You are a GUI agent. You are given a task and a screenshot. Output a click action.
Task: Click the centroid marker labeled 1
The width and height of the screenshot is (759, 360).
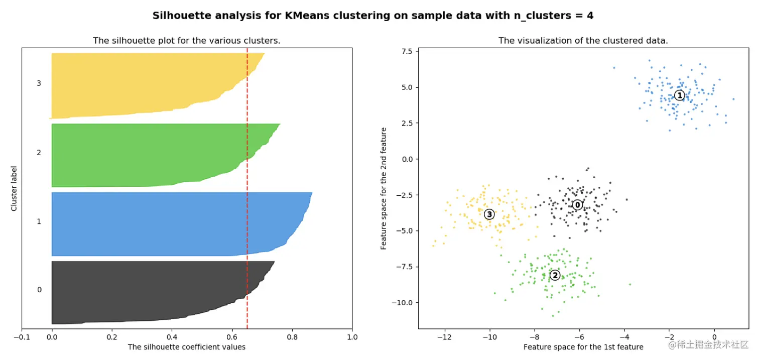(679, 95)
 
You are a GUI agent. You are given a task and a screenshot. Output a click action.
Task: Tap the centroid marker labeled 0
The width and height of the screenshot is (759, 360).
(577, 205)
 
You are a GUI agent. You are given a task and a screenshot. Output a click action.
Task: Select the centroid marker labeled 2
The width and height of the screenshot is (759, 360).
(555, 275)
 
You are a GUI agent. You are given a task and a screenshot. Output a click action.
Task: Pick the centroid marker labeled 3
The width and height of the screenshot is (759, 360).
(489, 214)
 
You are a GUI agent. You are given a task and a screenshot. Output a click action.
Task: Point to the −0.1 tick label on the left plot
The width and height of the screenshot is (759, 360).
(21, 337)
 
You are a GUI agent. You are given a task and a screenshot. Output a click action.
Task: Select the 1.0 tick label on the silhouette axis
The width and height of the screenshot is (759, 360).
(352, 337)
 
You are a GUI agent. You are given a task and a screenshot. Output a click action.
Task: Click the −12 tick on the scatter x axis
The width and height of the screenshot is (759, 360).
(444, 337)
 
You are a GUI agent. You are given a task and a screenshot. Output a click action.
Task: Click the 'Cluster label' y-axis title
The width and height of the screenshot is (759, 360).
(14, 188)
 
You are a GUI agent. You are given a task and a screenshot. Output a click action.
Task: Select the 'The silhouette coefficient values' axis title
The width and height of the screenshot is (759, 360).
(186, 347)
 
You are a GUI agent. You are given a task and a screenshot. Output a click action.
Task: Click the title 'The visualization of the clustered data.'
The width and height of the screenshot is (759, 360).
(583, 41)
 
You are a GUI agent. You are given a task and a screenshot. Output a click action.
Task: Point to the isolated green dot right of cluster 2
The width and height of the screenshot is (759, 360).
(630, 284)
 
